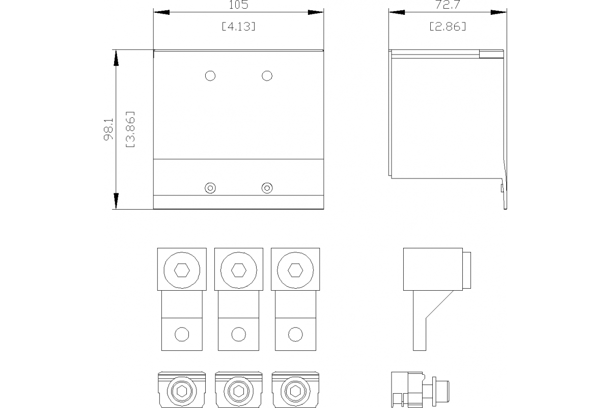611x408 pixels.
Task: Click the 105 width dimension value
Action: coord(238,5)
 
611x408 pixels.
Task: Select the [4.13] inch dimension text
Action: coord(239,27)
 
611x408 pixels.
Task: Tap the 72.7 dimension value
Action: coord(448,5)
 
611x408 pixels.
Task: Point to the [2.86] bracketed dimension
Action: coord(448,27)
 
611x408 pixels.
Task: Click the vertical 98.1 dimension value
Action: coord(108,130)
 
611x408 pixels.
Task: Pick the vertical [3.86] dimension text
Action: coord(130,129)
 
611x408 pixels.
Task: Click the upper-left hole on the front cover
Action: coord(210,75)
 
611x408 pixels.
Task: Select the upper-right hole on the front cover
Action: coord(267,75)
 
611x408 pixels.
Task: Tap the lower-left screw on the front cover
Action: coord(210,188)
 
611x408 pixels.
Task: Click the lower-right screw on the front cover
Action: coord(267,188)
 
